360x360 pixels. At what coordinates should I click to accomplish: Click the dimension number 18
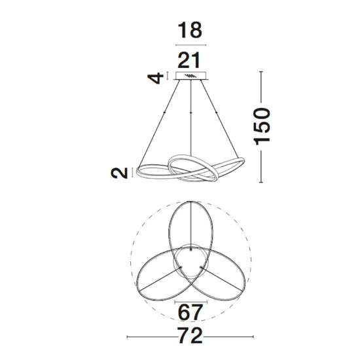[190, 30]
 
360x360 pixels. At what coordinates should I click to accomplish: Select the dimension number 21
[189, 60]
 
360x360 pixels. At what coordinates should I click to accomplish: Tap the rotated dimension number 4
[156, 79]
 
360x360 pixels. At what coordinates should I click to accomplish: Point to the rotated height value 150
[262, 126]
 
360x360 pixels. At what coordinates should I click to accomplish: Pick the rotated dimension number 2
[119, 173]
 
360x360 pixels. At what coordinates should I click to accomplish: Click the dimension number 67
[190, 312]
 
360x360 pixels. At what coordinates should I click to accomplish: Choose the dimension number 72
[190, 335]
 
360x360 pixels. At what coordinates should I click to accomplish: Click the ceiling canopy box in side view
[191, 76]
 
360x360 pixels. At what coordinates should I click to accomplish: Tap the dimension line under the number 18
[190, 45]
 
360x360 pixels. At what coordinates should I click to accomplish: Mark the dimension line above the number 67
[191, 302]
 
